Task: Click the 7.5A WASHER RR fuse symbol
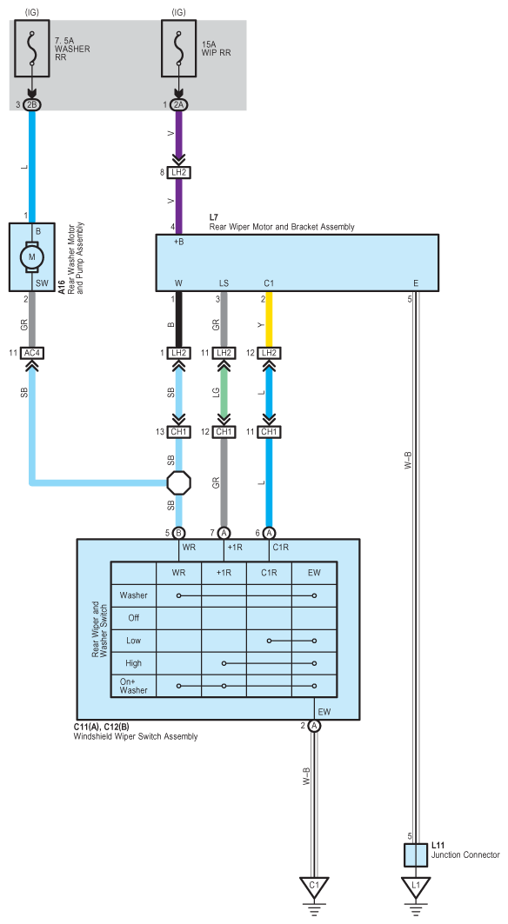(x=32, y=49)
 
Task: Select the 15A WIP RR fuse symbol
(x=179, y=49)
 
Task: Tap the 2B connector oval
(x=32, y=104)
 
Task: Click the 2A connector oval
(x=179, y=104)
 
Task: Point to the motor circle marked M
(x=32, y=257)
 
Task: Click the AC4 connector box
(x=32, y=353)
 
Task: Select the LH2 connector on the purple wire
(x=179, y=173)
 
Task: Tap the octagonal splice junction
(x=179, y=482)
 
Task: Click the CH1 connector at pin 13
(x=179, y=432)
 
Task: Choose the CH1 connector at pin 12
(x=224, y=432)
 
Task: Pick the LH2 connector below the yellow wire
(x=269, y=353)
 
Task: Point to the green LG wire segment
(x=224, y=392)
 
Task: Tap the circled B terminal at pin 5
(x=179, y=533)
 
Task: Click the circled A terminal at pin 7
(x=224, y=533)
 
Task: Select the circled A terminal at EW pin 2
(x=315, y=726)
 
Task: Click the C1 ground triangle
(x=315, y=887)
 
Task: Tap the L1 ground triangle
(x=416, y=887)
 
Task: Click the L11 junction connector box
(x=416, y=854)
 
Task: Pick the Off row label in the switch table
(x=134, y=618)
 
